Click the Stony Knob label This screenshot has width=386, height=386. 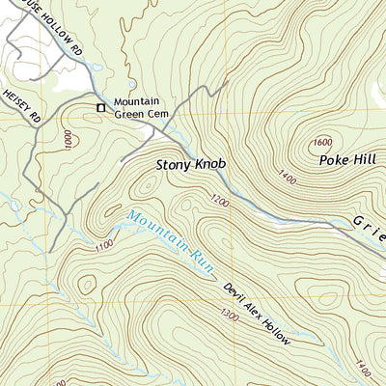(191, 165)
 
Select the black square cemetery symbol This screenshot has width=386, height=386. (99, 108)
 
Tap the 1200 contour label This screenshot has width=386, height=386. (218, 202)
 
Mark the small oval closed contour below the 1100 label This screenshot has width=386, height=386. (88, 284)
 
